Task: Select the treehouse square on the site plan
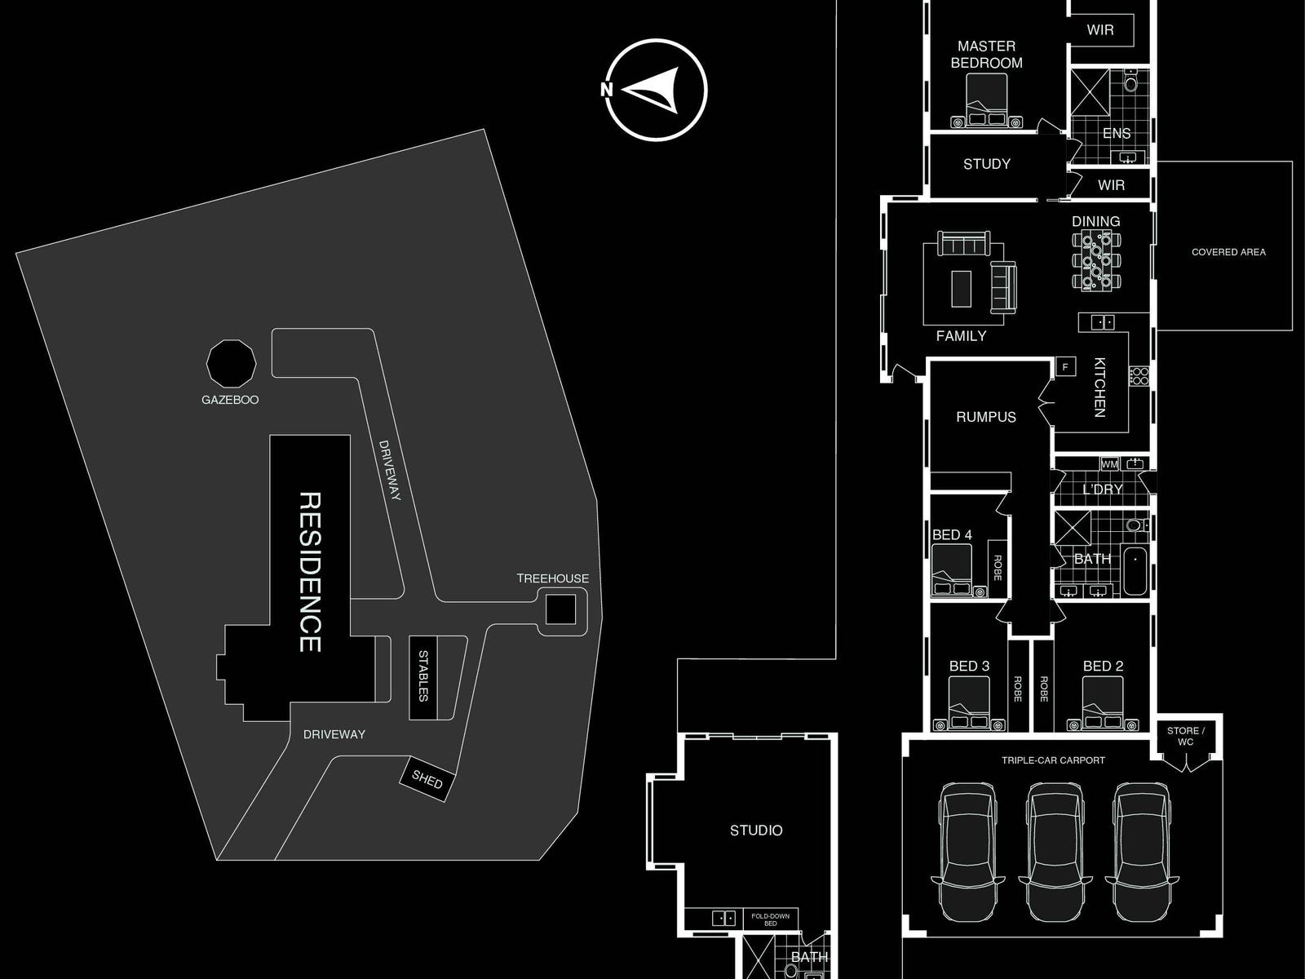tap(560, 609)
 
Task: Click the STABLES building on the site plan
tap(423, 678)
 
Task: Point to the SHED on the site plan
tap(427, 780)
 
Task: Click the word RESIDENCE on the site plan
tap(310, 571)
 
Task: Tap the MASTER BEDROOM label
tap(986, 55)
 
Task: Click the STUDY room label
tap(986, 164)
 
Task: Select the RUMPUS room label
tap(986, 417)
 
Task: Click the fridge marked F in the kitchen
tap(1064, 367)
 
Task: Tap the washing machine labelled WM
tap(1109, 464)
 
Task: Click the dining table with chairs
tap(1095, 260)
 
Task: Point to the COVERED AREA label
tap(1228, 252)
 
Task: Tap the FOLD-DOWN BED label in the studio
tap(770, 919)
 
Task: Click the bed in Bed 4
tap(953, 571)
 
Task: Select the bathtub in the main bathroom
tap(1135, 571)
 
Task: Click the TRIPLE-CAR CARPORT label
tap(1053, 760)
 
